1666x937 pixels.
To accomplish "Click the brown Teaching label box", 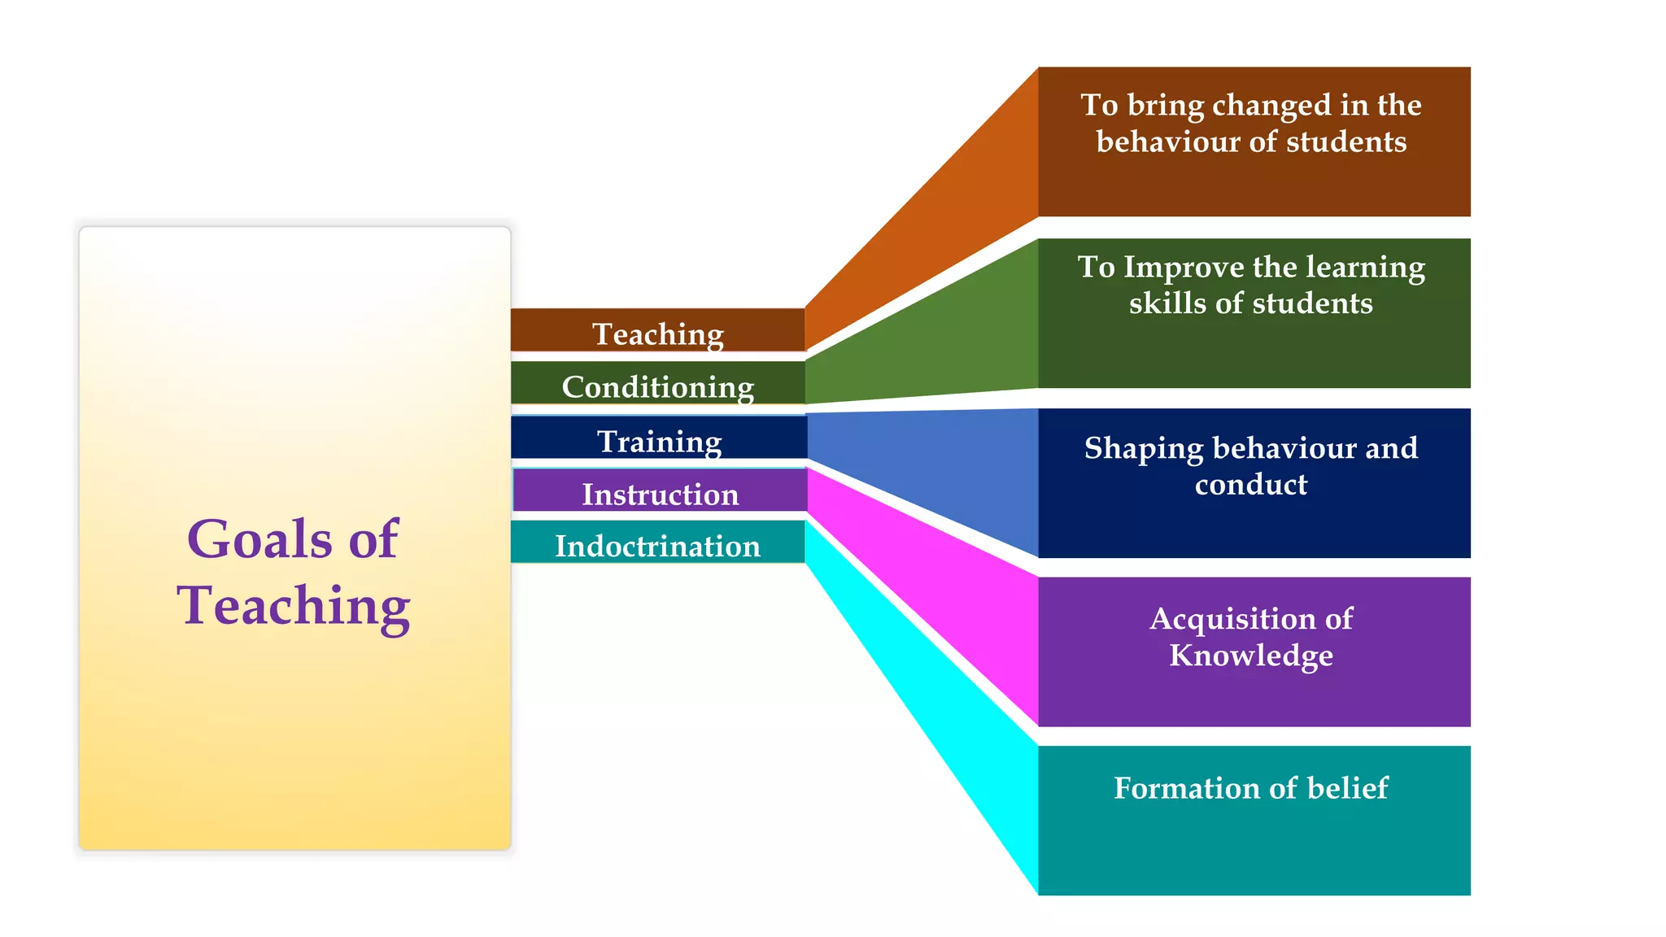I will click(x=657, y=330).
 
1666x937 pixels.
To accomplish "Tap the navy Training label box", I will click(x=659, y=438).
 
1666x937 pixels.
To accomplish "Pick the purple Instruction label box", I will click(x=660, y=491).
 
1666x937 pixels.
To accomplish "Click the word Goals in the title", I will click(x=259, y=539).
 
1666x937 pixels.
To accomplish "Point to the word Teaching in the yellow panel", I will click(x=294, y=606).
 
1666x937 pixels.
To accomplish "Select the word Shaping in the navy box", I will click(x=1143, y=449).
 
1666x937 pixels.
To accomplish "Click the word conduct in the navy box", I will click(x=1251, y=485).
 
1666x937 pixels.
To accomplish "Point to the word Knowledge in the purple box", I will click(x=1251, y=656).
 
